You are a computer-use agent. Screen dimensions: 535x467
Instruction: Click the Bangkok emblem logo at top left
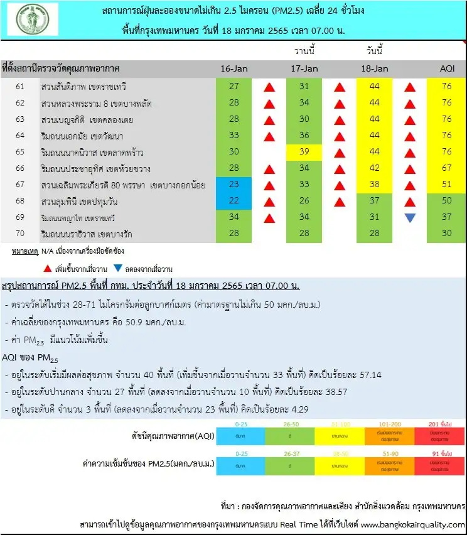point(32,19)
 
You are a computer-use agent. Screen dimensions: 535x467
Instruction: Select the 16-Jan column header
point(234,68)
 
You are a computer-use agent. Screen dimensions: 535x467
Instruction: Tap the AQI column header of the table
point(446,68)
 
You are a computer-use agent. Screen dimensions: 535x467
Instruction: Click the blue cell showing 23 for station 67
point(233,185)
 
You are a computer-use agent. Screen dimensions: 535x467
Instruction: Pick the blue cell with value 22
point(233,202)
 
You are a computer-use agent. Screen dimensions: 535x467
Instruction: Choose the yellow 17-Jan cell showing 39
point(304,152)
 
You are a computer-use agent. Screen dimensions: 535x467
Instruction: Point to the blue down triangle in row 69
point(410,218)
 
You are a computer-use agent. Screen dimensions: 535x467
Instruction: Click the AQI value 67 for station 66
point(446,168)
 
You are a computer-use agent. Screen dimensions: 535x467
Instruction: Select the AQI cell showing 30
point(446,234)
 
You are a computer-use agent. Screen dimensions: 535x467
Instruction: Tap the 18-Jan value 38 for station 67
point(375,185)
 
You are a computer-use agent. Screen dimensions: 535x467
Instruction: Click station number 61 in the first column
point(20,86)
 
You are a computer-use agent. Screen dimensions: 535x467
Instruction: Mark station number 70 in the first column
point(20,234)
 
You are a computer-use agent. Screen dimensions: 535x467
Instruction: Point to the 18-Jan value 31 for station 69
point(375,218)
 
